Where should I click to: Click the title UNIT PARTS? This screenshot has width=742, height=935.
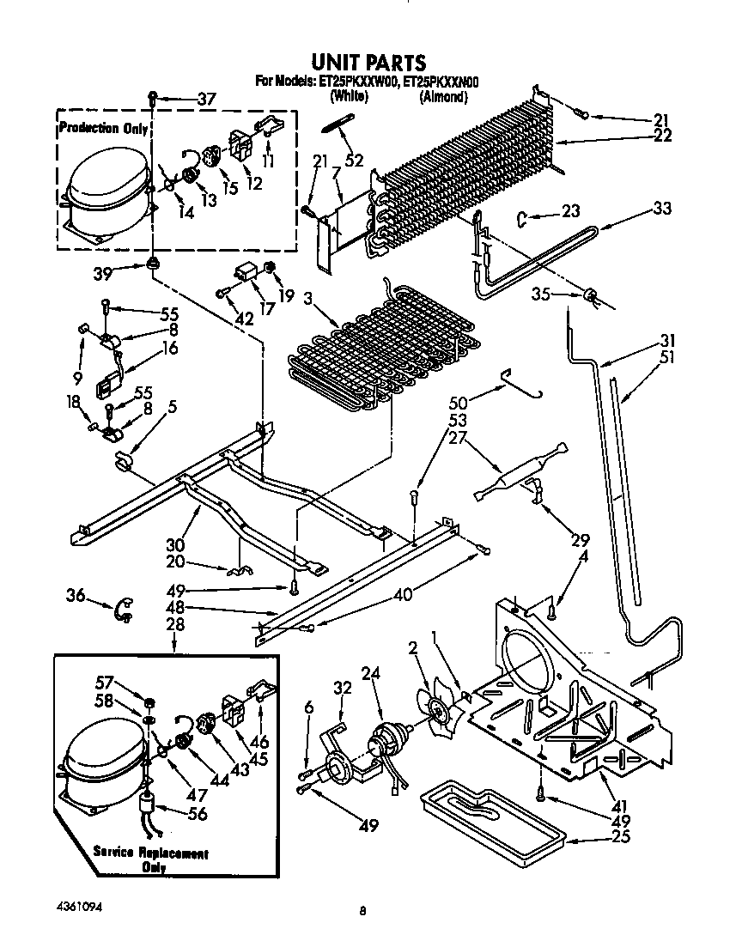point(368,62)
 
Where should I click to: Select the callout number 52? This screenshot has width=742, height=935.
point(353,160)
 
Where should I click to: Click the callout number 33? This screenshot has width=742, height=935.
point(661,209)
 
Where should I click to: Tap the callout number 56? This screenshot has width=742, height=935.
point(198,815)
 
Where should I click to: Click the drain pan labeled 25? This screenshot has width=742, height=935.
point(490,819)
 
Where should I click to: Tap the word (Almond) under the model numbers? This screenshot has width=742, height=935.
point(443,97)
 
